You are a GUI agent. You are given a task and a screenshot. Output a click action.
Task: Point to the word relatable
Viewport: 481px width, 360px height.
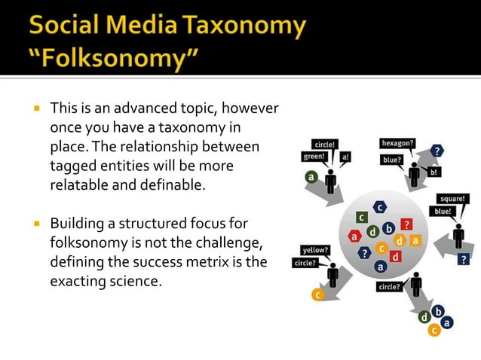tap(82, 183)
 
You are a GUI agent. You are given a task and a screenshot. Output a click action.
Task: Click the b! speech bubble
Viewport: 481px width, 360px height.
tap(434, 172)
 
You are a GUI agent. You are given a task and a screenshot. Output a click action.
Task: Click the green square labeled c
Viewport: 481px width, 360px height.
tap(363, 218)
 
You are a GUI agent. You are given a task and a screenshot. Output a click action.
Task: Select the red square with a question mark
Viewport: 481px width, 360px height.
tap(406, 224)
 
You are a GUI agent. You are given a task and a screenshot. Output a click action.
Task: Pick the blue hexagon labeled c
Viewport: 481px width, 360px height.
tap(380, 206)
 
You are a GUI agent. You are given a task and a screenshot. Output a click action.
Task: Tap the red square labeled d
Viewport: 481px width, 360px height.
tap(395, 257)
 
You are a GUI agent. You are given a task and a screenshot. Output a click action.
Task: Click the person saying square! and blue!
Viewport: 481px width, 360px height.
tap(458, 236)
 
